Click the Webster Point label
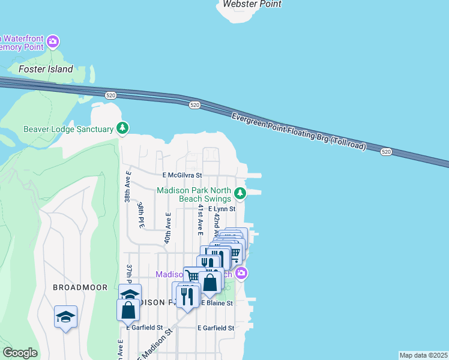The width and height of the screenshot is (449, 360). click(x=252, y=4)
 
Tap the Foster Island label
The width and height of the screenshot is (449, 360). click(x=46, y=69)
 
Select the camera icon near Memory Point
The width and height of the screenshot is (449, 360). click(x=53, y=41)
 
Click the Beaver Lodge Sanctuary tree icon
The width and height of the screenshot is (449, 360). click(x=122, y=128)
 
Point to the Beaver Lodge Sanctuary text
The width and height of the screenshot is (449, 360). click(x=68, y=129)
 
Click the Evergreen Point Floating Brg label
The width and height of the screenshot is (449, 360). click(x=299, y=132)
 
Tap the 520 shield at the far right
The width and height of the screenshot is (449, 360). click(x=386, y=152)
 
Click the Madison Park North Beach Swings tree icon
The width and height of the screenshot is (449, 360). click(x=240, y=193)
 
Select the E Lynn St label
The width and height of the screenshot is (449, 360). click(x=221, y=209)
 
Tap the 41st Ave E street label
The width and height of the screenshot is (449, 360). click(x=200, y=219)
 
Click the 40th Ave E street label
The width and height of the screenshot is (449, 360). click(x=168, y=227)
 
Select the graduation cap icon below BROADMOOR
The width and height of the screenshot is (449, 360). click(x=65, y=317)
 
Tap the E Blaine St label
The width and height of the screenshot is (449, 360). click(x=217, y=304)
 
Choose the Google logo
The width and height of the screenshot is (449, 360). click(x=20, y=353)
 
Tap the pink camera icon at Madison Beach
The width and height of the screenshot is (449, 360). click(x=241, y=274)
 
